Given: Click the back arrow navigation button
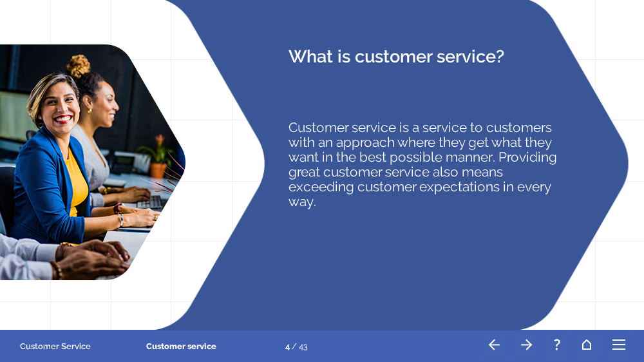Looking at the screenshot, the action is [494, 345].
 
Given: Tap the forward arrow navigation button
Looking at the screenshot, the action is [527, 345].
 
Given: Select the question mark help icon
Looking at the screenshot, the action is [557, 345].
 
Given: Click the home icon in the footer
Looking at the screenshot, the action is [587, 345].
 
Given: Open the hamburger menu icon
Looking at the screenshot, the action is [619, 345].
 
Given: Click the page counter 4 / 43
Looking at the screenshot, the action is [296, 347].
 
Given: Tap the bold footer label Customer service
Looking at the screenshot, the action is [181, 347].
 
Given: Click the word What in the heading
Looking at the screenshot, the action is [310, 56].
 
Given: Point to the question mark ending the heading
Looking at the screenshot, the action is [500, 56].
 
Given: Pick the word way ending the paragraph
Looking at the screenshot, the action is [302, 202].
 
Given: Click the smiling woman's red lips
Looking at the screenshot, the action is [63, 119].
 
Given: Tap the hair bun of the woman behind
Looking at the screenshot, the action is [78, 66].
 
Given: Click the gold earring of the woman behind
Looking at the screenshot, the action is [90, 111].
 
